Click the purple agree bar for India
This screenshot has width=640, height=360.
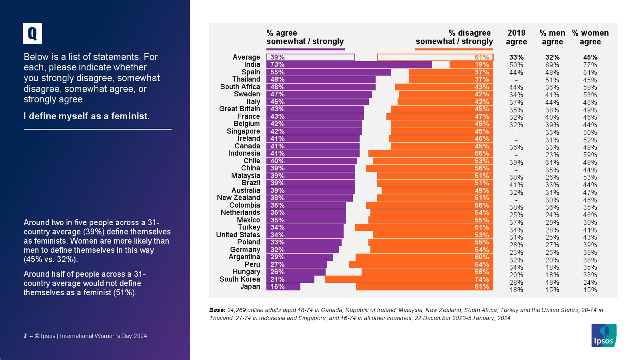point(349,65)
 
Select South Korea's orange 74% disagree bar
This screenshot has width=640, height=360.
point(409,279)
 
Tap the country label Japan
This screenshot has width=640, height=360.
point(250,286)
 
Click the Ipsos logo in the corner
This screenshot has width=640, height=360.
point(604,335)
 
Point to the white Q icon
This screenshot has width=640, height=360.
point(32,34)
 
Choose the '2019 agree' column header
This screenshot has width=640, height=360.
point(516,37)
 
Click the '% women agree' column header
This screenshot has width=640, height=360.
point(590,37)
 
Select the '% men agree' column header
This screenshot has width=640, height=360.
point(552,37)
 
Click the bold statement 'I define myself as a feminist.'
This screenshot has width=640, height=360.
point(86,116)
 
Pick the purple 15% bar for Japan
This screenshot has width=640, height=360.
point(283,287)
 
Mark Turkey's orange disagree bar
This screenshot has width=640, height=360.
point(424,228)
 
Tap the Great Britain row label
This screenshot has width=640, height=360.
point(239,109)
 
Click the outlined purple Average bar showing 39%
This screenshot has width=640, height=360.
point(310,57)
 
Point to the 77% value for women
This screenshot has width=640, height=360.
point(590,65)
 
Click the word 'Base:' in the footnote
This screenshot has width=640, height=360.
point(217,310)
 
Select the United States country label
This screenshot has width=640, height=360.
point(238,235)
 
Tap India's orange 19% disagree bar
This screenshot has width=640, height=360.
point(471,65)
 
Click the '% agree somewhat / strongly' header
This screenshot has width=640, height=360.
point(305,37)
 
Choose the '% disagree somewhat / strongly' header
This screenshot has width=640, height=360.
point(454,37)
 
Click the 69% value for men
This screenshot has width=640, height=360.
point(552,65)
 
